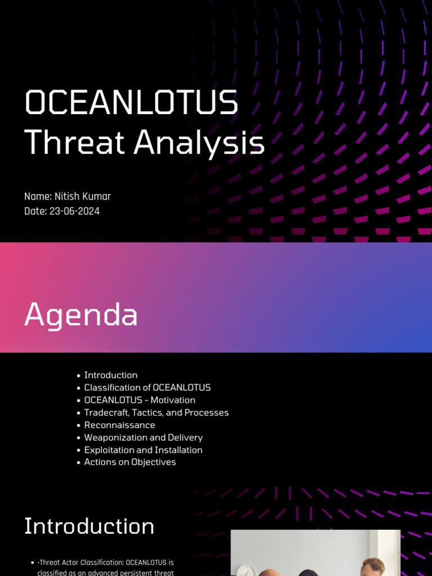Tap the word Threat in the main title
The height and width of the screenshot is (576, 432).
click(x=75, y=142)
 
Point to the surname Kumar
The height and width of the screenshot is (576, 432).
click(x=98, y=196)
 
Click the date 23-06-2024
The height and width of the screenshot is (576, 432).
click(x=75, y=211)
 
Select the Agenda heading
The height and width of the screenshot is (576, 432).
click(x=81, y=314)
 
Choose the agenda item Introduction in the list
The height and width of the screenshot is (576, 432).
click(x=111, y=375)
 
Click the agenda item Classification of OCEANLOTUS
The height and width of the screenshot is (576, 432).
click(x=147, y=388)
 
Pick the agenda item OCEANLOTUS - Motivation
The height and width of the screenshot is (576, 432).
click(x=139, y=400)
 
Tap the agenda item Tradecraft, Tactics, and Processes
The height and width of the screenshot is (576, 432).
click(x=156, y=412)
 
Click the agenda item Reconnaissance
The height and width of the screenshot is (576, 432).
click(x=119, y=425)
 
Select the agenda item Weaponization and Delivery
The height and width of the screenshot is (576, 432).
click(x=143, y=437)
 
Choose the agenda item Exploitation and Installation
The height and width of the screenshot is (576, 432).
click(x=143, y=449)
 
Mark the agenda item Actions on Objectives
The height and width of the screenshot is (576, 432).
click(x=130, y=462)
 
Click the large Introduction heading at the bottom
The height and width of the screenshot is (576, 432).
click(x=89, y=526)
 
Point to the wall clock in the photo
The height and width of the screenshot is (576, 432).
click(x=245, y=570)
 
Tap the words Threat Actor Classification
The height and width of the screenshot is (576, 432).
click(x=81, y=562)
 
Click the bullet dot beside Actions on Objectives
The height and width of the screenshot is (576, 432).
click(x=78, y=462)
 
